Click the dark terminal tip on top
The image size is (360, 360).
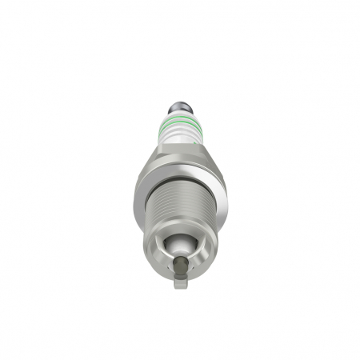tap(179, 106)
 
